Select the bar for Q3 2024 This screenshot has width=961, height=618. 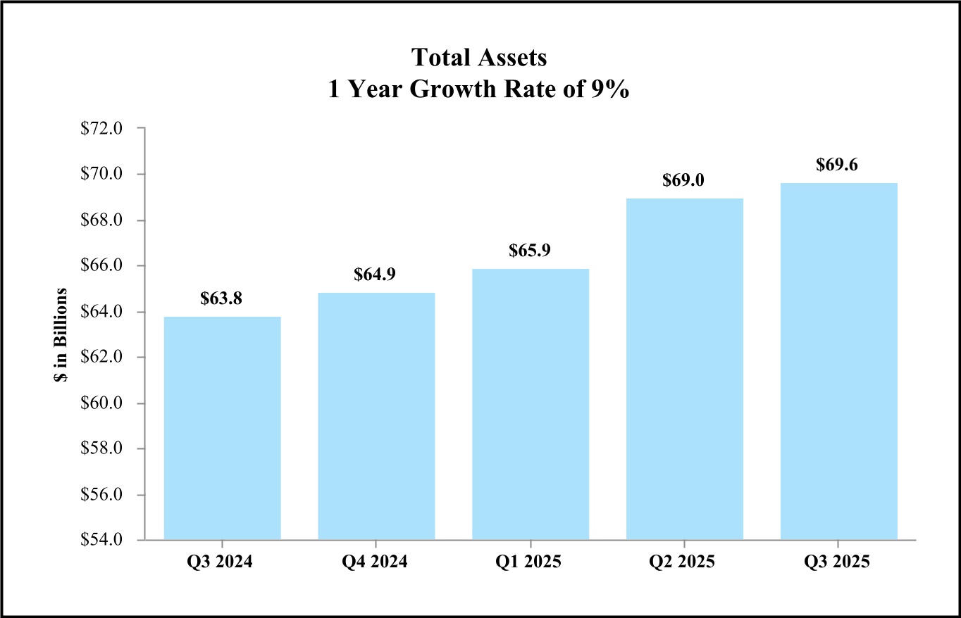click(222, 428)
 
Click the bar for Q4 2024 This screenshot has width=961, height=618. click(376, 416)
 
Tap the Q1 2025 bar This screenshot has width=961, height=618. click(531, 404)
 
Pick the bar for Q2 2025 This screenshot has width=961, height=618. click(684, 369)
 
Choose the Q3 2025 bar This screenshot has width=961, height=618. click(838, 361)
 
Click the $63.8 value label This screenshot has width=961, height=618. click(222, 298)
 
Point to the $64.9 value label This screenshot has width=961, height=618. click(376, 275)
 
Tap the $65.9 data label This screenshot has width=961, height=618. click(531, 251)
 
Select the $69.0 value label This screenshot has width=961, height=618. click(684, 180)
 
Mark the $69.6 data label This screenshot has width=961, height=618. click(838, 165)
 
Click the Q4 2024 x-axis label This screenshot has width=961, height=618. click(376, 563)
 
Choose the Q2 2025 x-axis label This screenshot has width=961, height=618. click(684, 563)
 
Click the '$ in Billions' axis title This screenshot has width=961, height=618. click(62, 334)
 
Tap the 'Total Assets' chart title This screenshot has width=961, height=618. click(479, 58)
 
